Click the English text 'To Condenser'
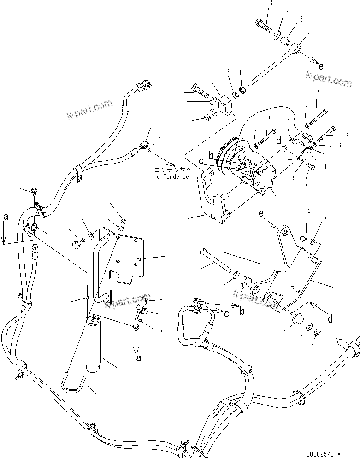coord(173,176)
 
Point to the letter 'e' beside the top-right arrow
coord(321,65)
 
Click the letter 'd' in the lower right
coord(330,318)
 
